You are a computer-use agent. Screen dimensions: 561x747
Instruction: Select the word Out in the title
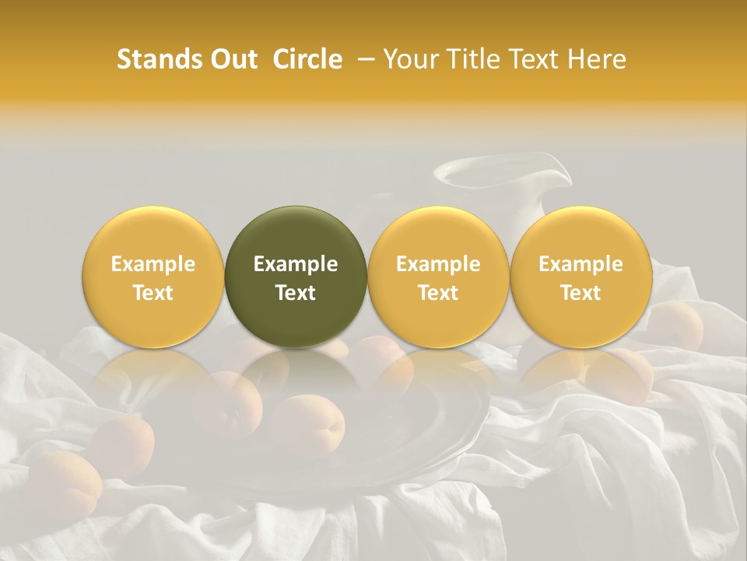pyautogui.click(x=232, y=59)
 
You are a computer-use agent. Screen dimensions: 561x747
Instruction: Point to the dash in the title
pyautogui.click(x=364, y=59)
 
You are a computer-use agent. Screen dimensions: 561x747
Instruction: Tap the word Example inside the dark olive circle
pyautogui.click(x=296, y=264)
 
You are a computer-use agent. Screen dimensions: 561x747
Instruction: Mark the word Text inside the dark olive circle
pyautogui.click(x=296, y=293)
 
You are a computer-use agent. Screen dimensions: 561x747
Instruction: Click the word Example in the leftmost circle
pyautogui.click(x=153, y=264)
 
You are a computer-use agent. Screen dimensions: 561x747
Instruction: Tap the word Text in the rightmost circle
pyautogui.click(x=580, y=293)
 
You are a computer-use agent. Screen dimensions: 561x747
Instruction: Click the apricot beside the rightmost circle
pyautogui.click(x=677, y=326)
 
